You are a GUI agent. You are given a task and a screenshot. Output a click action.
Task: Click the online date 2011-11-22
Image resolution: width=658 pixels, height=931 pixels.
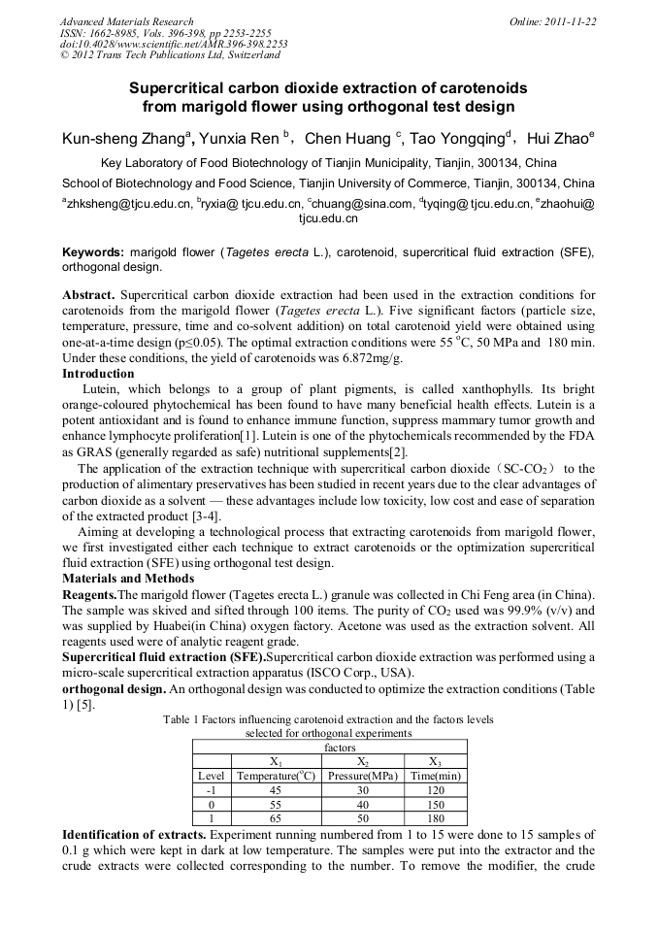pos(569,21)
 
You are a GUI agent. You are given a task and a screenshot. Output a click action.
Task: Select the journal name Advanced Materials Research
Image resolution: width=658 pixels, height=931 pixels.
pos(126,21)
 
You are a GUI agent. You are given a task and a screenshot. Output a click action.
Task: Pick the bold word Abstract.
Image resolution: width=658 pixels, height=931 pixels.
pos(89,294)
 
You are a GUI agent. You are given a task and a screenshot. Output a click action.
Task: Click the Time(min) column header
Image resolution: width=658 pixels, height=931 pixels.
pos(434,776)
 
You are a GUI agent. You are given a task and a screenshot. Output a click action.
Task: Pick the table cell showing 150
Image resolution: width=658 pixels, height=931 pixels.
pos(434,805)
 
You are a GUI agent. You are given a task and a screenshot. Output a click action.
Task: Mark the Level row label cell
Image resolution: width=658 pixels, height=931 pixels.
pos(212,776)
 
